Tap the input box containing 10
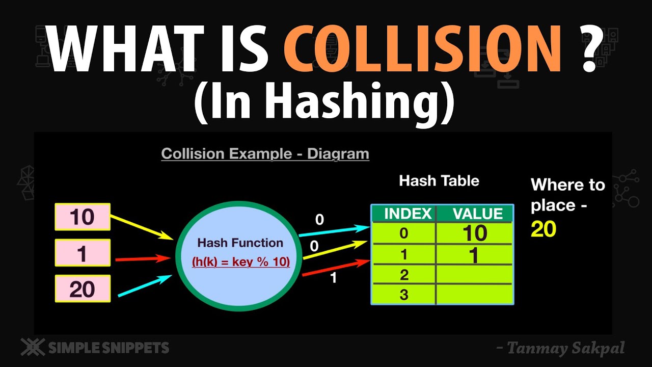[x=83, y=217]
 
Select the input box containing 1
[x=83, y=253]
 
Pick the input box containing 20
[x=83, y=289]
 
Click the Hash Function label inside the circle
[x=240, y=243]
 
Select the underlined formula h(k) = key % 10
[x=241, y=262]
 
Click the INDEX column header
[x=404, y=214]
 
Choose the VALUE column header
[x=474, y=214]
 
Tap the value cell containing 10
[x=474, y=233]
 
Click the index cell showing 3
[x=404, y=295]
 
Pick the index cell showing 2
[x=404, y=275]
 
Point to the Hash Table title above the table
[x=439, y=180]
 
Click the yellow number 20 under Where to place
[x=544, y=229]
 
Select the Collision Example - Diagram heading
[x=265, y=153]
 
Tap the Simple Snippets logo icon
[x=32, y=348]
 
